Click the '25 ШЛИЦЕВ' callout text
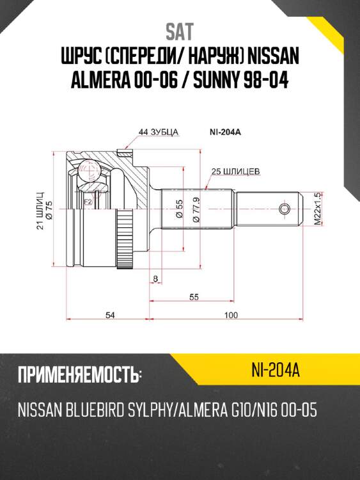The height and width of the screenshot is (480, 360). click(237, 172)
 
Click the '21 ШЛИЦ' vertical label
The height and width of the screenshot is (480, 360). click(40, 210)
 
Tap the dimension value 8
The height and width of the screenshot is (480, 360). click(155, 278)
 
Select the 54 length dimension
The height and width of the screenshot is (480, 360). click(109, 315)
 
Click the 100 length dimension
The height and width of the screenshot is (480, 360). click(231, 315)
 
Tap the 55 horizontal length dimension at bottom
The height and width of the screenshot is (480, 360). click(194, 297)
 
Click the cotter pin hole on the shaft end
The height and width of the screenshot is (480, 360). click(285, 209)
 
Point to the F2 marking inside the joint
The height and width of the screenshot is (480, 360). click(88, 202)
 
